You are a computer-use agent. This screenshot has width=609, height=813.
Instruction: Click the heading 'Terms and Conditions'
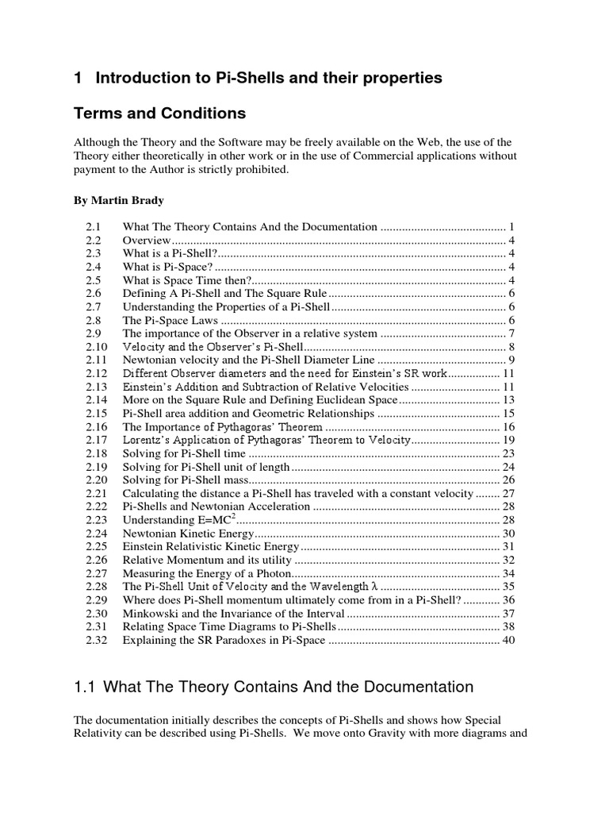click(159, 114)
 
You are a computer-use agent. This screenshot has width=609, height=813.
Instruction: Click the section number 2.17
click(96, 440)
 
